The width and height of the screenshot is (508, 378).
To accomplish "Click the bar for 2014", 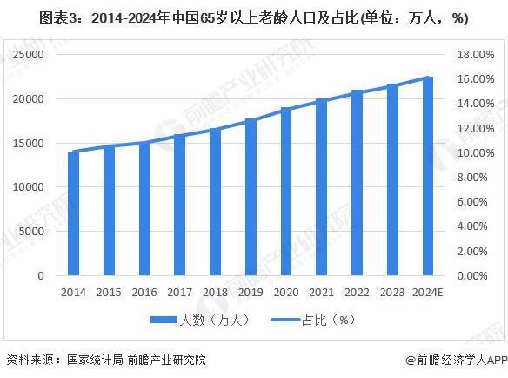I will (x=73, y=214).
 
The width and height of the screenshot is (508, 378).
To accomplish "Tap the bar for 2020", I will (x=285, y=192).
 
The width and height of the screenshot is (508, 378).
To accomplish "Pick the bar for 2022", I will (x=357, y=184).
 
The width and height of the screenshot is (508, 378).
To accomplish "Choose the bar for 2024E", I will (x=427, y=177).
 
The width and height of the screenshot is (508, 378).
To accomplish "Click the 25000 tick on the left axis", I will (x=29, y=54).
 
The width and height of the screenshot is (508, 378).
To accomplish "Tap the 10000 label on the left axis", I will (x=29, y=187).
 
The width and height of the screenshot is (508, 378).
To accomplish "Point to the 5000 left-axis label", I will (x=32, y=232).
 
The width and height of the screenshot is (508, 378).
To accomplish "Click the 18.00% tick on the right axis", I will (x=473, y=54).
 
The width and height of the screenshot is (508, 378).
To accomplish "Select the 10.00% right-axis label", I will (x=473, y=152).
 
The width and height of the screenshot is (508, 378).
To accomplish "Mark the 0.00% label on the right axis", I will (x=475, y=276).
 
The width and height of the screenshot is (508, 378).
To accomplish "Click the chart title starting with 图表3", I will (x=253, y=18).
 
